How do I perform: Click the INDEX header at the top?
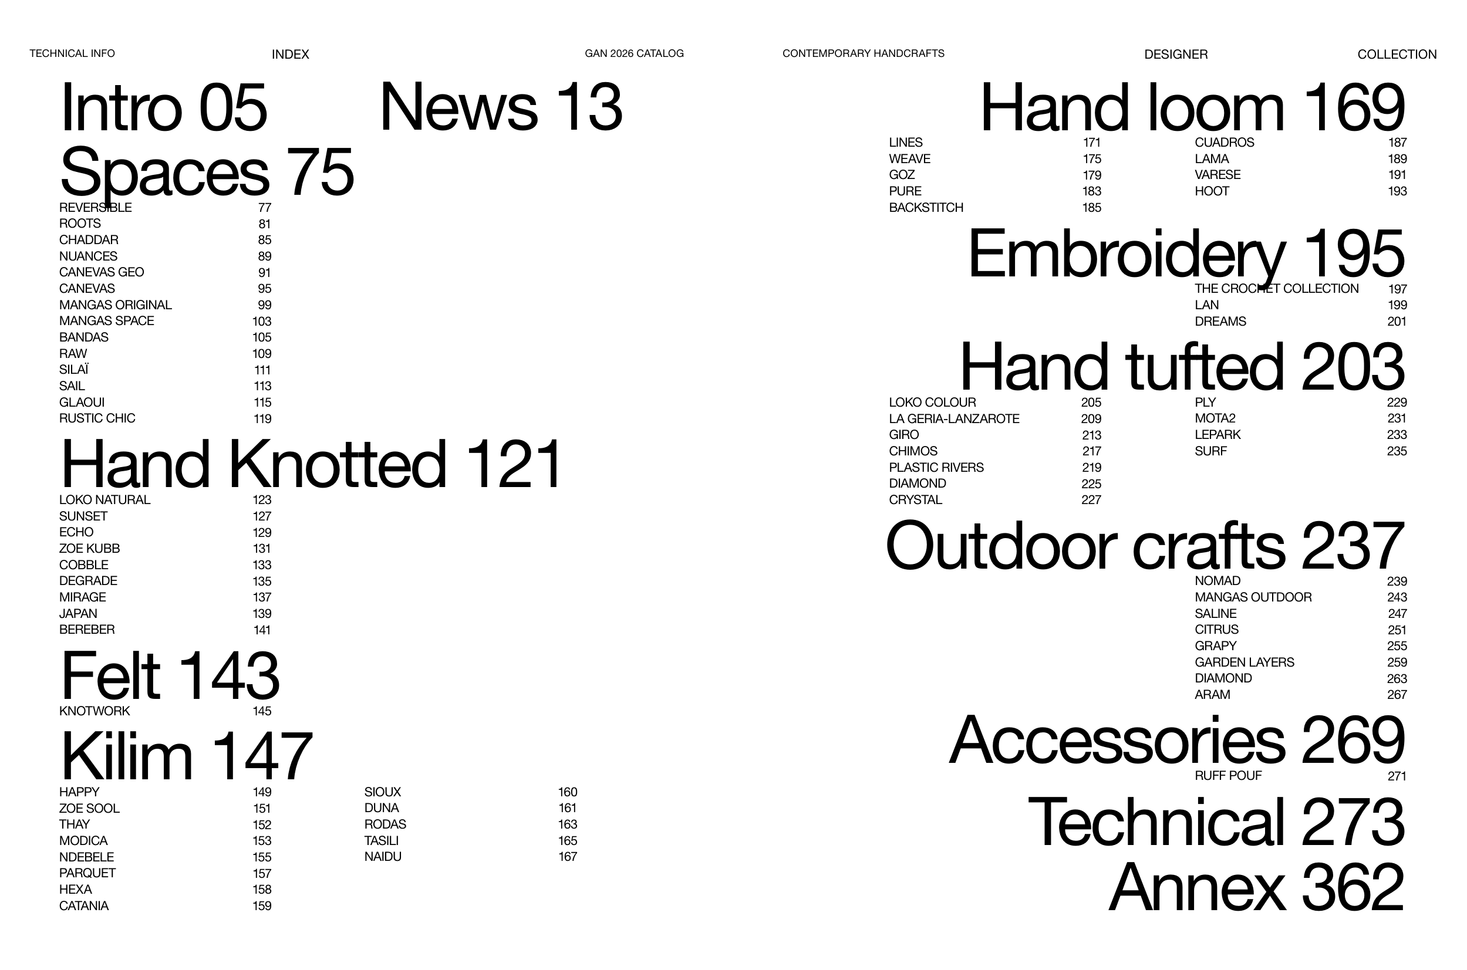(290, 55)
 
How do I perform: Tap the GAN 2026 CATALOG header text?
(634, 53)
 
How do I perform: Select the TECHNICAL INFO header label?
(72, 53)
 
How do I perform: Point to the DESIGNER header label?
(1176, 55)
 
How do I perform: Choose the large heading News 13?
(501, 107)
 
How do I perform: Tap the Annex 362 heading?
(1256, 887)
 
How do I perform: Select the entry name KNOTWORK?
(95, 711)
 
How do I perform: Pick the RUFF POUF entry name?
(1228, 776)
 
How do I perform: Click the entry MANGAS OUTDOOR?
(1253, 597)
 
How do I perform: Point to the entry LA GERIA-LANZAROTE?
(954, 419)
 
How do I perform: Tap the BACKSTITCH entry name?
(926, 207)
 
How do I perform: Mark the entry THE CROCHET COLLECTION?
(1276, 288)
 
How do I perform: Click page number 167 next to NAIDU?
(568, 857)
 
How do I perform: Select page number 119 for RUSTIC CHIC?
(262, 419)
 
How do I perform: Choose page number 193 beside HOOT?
(1397, 191)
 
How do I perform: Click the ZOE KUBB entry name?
(90, 548)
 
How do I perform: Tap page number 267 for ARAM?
(1397, 695)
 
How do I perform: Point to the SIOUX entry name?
(382, 792)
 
